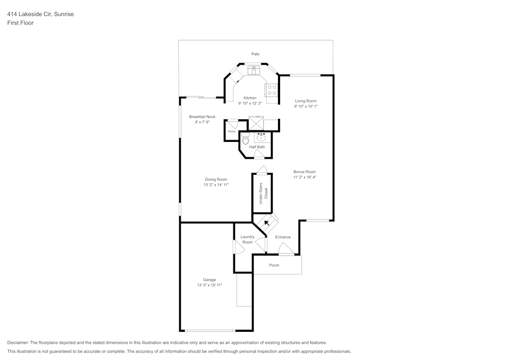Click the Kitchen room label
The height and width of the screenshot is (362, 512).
pos(250,98)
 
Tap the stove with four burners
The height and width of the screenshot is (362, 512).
pos(272,90)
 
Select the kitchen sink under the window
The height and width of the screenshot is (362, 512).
pos(253,70)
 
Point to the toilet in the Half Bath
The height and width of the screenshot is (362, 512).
pos(245,139)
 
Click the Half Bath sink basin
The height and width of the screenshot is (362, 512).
pos(261,137)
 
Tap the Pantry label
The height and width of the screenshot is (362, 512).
pos(232,131)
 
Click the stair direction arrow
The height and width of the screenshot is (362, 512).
pos(267,223)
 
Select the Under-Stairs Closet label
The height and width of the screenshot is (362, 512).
pos(263,194)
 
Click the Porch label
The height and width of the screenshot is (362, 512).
pos(274,265)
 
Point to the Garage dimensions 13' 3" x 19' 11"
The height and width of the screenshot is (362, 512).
pos(209,285)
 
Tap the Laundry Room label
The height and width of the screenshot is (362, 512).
pos(247,239)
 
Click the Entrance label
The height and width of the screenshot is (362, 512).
pos(283,237)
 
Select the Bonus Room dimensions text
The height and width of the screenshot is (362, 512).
pos(305,177)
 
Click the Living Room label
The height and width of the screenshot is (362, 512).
pos(306,101)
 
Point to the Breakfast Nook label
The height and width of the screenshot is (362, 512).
pos(202,117)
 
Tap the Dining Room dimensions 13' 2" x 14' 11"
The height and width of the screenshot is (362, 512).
pos(216,185)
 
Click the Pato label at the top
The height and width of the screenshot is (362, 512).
pos(255,54)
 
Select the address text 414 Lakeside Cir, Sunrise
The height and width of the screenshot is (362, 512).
pos(40,14)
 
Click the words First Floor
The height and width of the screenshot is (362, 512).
pos(20,23)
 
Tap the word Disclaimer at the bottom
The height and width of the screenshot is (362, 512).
pos(17,343)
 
